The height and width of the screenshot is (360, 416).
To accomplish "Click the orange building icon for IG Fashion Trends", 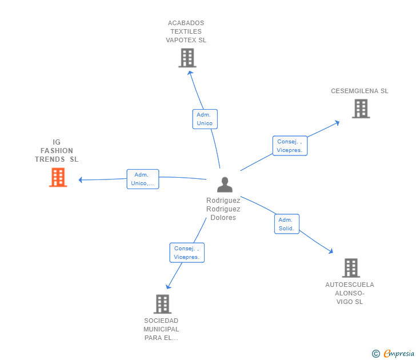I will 58,177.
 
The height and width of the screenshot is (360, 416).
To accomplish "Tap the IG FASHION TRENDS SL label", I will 57,151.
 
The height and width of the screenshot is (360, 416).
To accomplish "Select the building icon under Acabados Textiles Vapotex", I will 187,58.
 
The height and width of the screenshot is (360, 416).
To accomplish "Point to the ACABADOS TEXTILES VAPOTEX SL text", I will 186,32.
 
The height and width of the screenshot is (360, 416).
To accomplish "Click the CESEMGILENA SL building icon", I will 361,109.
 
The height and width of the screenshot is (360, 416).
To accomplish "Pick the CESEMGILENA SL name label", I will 359,91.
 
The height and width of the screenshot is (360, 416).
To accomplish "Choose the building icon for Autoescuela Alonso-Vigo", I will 351,267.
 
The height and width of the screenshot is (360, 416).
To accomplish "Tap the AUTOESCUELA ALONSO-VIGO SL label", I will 350,293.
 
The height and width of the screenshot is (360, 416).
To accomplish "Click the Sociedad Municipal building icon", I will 162,304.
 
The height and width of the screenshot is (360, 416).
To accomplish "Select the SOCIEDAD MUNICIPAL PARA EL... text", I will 161,329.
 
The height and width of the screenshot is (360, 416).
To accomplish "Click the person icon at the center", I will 225,185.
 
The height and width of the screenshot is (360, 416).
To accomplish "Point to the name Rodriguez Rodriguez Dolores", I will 223,209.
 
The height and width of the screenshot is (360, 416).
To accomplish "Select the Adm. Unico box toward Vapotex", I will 205,119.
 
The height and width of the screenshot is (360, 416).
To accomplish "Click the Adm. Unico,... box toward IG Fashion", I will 142,179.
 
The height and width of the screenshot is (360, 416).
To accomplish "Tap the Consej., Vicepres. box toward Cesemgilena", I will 291,146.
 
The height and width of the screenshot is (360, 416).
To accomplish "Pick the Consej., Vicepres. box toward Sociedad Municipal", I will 187,253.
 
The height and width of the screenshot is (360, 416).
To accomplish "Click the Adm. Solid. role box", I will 286,224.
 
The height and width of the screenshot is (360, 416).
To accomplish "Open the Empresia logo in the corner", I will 398,354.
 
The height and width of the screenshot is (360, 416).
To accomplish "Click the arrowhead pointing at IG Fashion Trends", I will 81,180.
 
